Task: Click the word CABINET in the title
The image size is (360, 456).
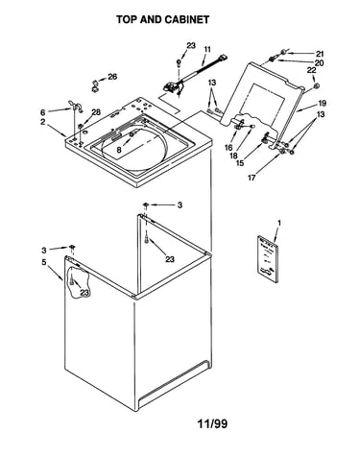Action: (x=186, y=19)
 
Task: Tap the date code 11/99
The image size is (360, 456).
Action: (x=212, y=424)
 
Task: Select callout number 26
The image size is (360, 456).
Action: (x=112, y=77)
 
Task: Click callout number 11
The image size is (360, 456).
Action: (x=207, y=49)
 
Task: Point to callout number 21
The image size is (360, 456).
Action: (x=320, y=54)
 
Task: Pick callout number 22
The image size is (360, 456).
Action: (x=312, y=70)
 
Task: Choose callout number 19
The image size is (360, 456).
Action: (x=322, y=103)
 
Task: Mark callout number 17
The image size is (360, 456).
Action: (x=252, y=178)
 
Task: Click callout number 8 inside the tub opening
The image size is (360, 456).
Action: (x=119, y=150)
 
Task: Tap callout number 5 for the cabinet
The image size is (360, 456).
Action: (x=44, y=262)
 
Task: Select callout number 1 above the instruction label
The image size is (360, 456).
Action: (x=279, y=223)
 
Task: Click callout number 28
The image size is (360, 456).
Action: (x=96, y=112)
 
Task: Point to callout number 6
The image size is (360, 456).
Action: (x=43, y=112)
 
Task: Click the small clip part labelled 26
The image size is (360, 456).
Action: (x=95, y=86)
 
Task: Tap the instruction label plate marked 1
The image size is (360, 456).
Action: (x=268, y=259)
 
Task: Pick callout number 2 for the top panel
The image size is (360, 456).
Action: (x=43, y=122)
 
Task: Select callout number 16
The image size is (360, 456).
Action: (x=228, y=147)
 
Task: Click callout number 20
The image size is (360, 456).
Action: (x=319, y=63)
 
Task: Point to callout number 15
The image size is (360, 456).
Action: (x=240, y=163)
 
